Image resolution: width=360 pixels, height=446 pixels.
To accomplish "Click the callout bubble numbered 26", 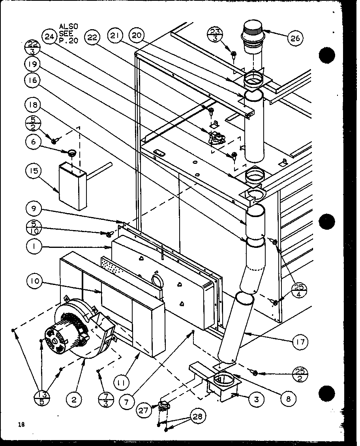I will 296,38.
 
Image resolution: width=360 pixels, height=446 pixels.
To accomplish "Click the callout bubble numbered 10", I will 35,282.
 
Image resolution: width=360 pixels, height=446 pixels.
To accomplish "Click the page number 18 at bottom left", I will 21,425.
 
